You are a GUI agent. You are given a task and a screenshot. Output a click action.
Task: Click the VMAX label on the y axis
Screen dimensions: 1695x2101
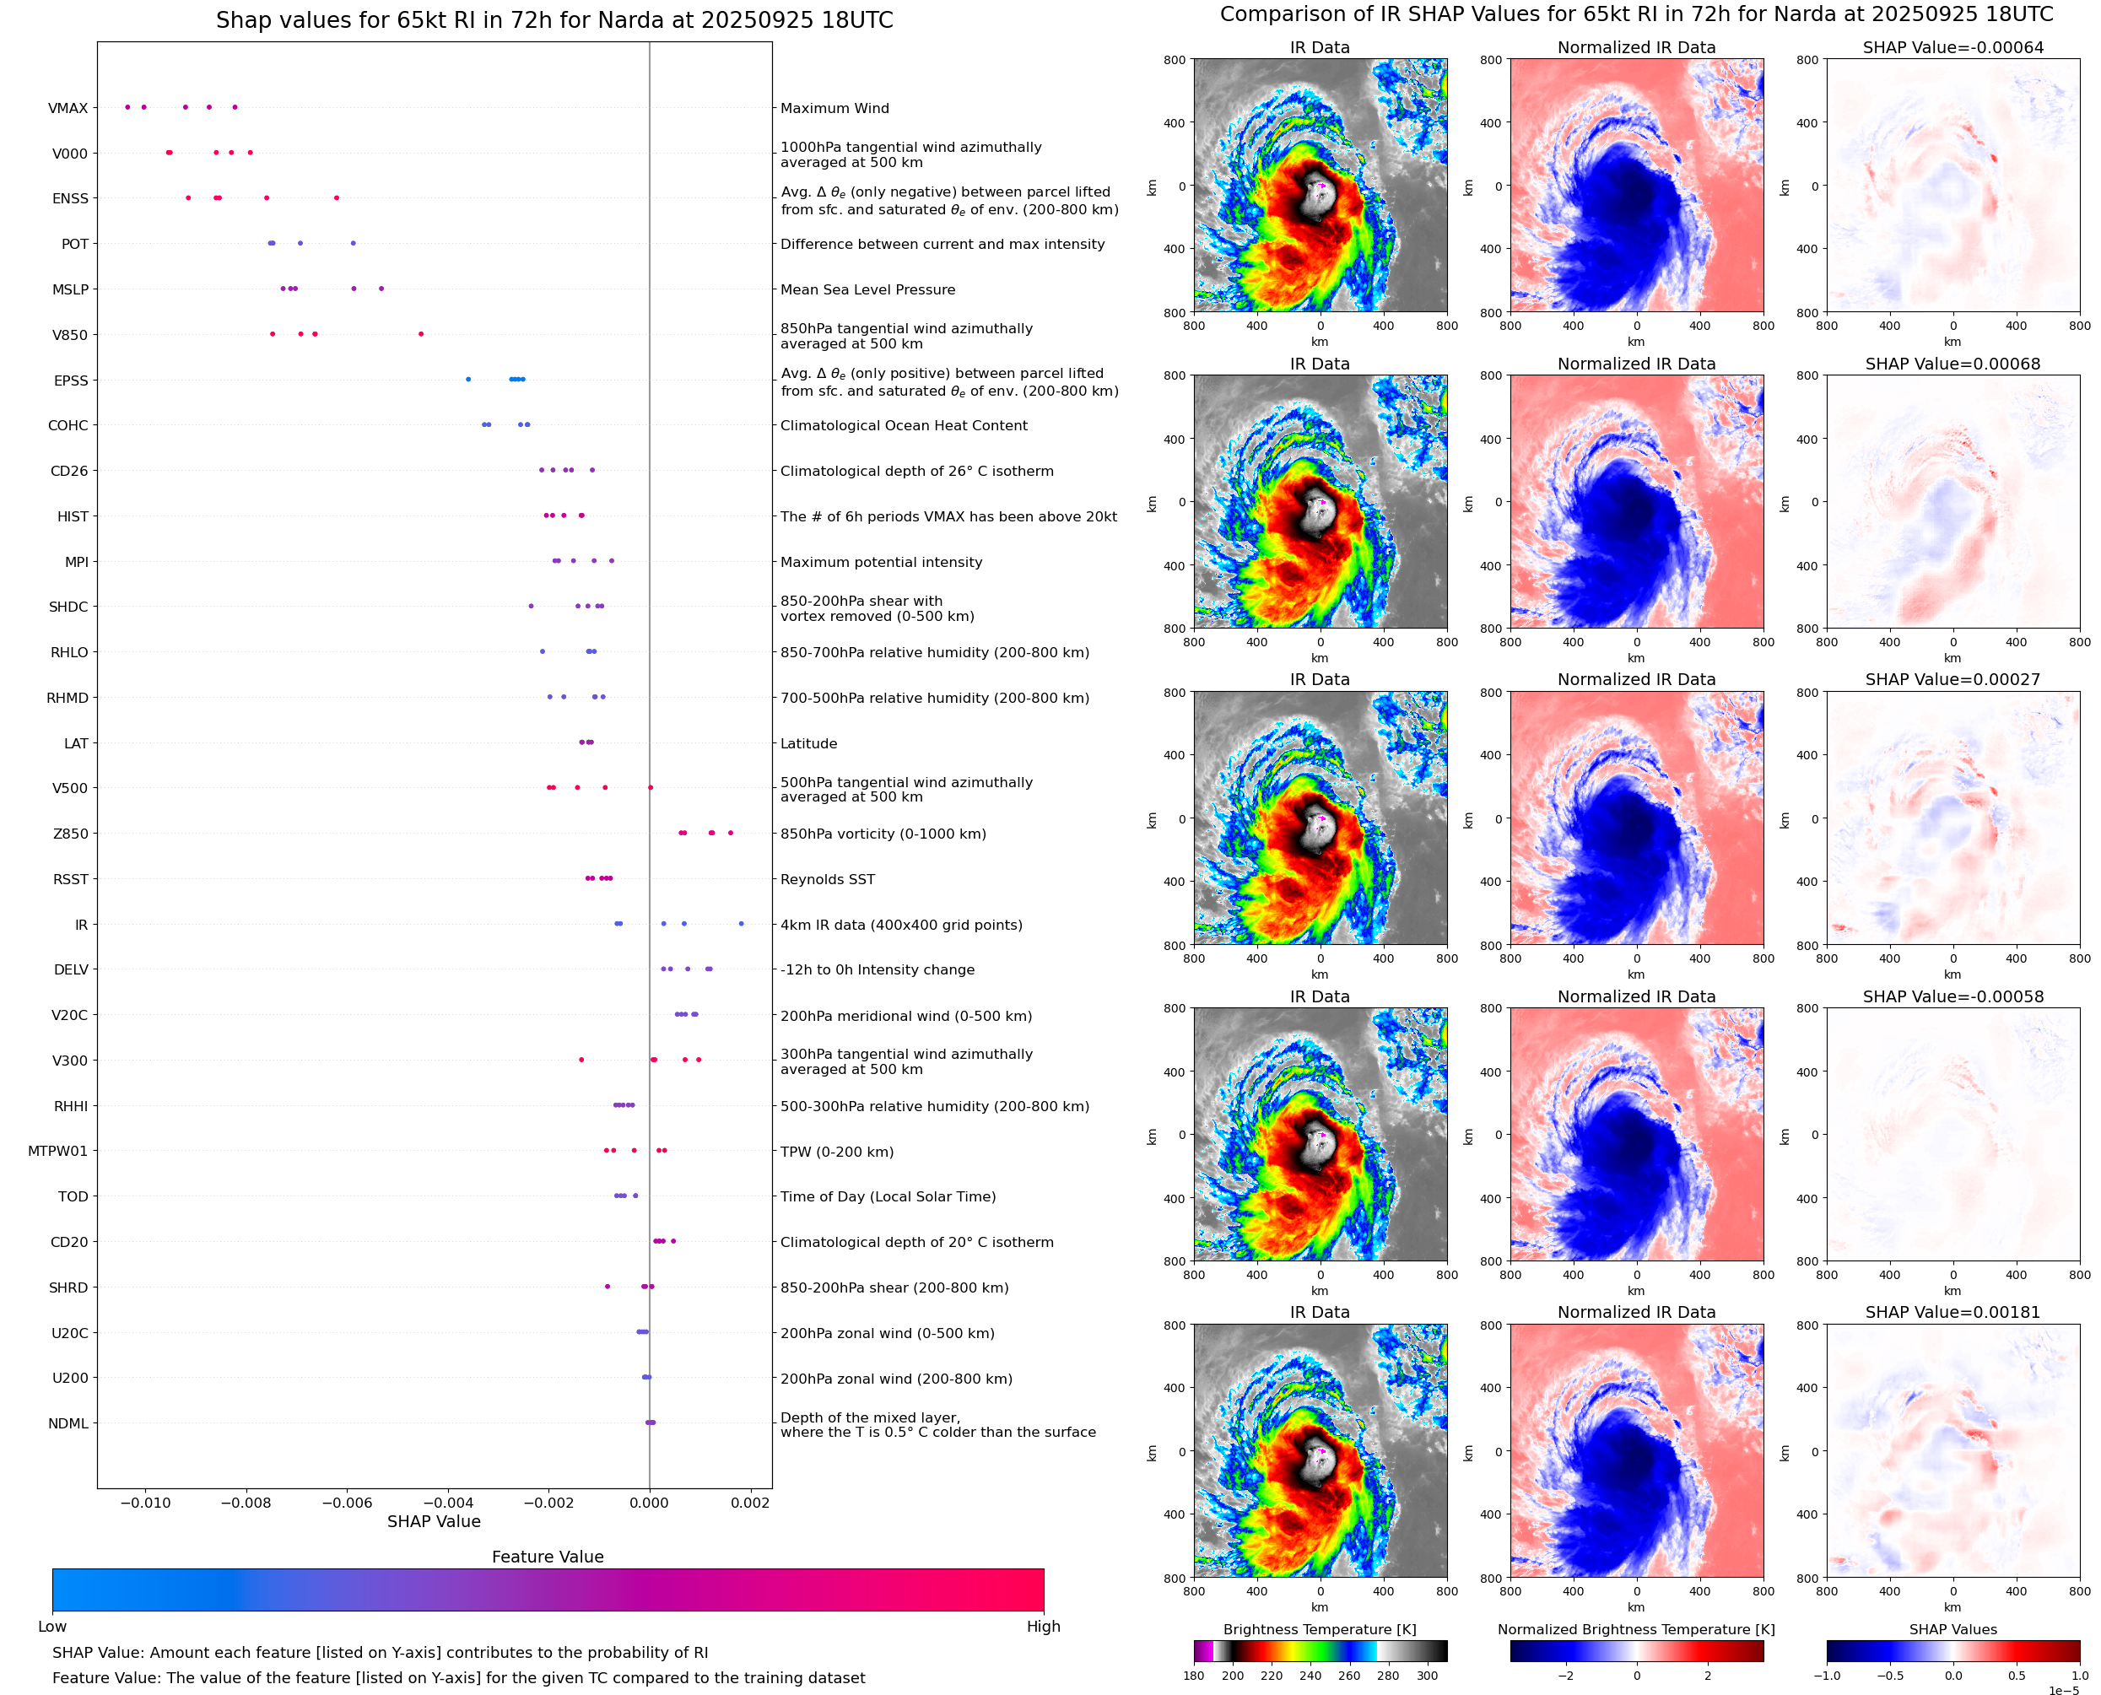click(68, 108)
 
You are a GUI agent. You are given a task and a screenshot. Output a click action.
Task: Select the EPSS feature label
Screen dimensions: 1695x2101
click(70, 381)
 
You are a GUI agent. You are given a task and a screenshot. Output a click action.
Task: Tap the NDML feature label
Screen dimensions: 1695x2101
click(68, 1423)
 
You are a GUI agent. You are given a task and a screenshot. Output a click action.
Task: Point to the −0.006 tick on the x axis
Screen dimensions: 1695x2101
click(347, 1503)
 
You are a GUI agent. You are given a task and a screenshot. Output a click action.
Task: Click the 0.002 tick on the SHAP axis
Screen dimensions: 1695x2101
click(750, 1503)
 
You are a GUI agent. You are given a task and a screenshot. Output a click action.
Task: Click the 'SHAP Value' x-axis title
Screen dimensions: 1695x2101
click(434, 1521)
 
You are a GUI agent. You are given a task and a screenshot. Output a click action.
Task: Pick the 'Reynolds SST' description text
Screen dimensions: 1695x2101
click(827, 880)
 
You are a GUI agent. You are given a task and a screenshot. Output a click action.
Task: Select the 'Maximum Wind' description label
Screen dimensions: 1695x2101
click(834, 108)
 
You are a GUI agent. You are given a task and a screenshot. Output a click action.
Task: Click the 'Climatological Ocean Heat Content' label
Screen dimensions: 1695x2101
click(903, 426)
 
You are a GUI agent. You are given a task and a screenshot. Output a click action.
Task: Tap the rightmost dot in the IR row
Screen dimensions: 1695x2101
click(741, 924)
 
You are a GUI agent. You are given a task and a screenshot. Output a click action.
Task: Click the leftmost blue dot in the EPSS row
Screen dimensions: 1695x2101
click(467, 380)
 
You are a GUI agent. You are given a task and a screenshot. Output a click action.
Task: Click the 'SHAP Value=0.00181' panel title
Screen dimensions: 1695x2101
click(1952, 1312)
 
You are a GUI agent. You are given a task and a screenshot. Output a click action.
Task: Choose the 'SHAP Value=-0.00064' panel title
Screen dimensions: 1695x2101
click(1952, 47)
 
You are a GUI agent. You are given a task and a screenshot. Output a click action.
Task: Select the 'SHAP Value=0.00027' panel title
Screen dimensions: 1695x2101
click(1952, 679)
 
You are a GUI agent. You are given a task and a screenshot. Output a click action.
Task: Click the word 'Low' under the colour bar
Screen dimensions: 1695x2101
click(51, 1627)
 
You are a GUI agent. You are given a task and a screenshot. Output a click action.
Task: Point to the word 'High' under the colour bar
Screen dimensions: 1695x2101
click(1043, 1627)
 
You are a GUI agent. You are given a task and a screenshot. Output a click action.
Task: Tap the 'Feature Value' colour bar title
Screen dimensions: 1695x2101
click(547, 1557)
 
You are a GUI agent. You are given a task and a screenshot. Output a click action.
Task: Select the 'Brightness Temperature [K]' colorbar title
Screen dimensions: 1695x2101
click(1319, 1629)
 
